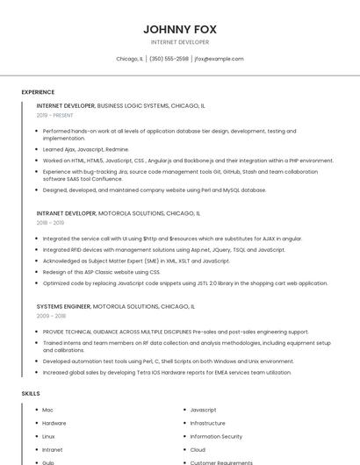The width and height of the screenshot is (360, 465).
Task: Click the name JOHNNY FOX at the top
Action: point(180,29)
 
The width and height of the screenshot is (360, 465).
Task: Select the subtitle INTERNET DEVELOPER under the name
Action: point(180,42)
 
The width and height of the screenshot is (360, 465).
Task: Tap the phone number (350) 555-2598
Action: point(169,59)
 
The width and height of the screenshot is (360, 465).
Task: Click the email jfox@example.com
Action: point(219,59)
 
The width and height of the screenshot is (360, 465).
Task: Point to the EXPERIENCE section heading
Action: point(38,92)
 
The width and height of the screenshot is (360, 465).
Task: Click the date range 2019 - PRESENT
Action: point(55,115)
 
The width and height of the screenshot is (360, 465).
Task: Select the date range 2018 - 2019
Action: point(51,223)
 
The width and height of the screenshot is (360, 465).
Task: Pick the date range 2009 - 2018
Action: point(51,317)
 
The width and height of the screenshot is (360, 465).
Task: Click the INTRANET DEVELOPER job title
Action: point(66,213)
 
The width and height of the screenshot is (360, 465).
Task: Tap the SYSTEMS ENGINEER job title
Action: point(63,307)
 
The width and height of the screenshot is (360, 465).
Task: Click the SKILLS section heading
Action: point(31,394)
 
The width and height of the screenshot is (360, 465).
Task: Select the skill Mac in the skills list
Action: point(47,410)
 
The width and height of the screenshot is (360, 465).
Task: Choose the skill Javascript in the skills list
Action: point(203,410)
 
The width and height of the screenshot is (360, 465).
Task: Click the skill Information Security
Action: point(216,436)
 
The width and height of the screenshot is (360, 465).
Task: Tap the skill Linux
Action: point(48,436)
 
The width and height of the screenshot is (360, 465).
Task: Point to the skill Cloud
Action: point(198,449)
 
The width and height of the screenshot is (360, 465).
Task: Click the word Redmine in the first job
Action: point(117,149)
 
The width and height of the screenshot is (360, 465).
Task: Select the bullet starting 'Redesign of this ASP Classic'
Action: point(101,272)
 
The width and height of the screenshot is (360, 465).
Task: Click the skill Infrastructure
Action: point(207,423)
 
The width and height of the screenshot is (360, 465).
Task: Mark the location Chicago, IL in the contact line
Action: point(129,59)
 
